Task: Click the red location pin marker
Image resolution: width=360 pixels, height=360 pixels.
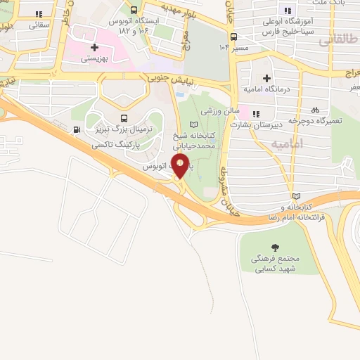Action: pos(181,167)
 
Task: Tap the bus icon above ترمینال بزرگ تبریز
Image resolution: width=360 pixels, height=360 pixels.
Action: pos(124,117)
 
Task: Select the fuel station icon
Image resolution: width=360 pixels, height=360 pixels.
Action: pos(77,129)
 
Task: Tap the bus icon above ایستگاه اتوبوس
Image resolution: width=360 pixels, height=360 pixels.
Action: pos(134,10)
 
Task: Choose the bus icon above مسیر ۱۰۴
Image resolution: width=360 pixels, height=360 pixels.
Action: pos(233,37)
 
